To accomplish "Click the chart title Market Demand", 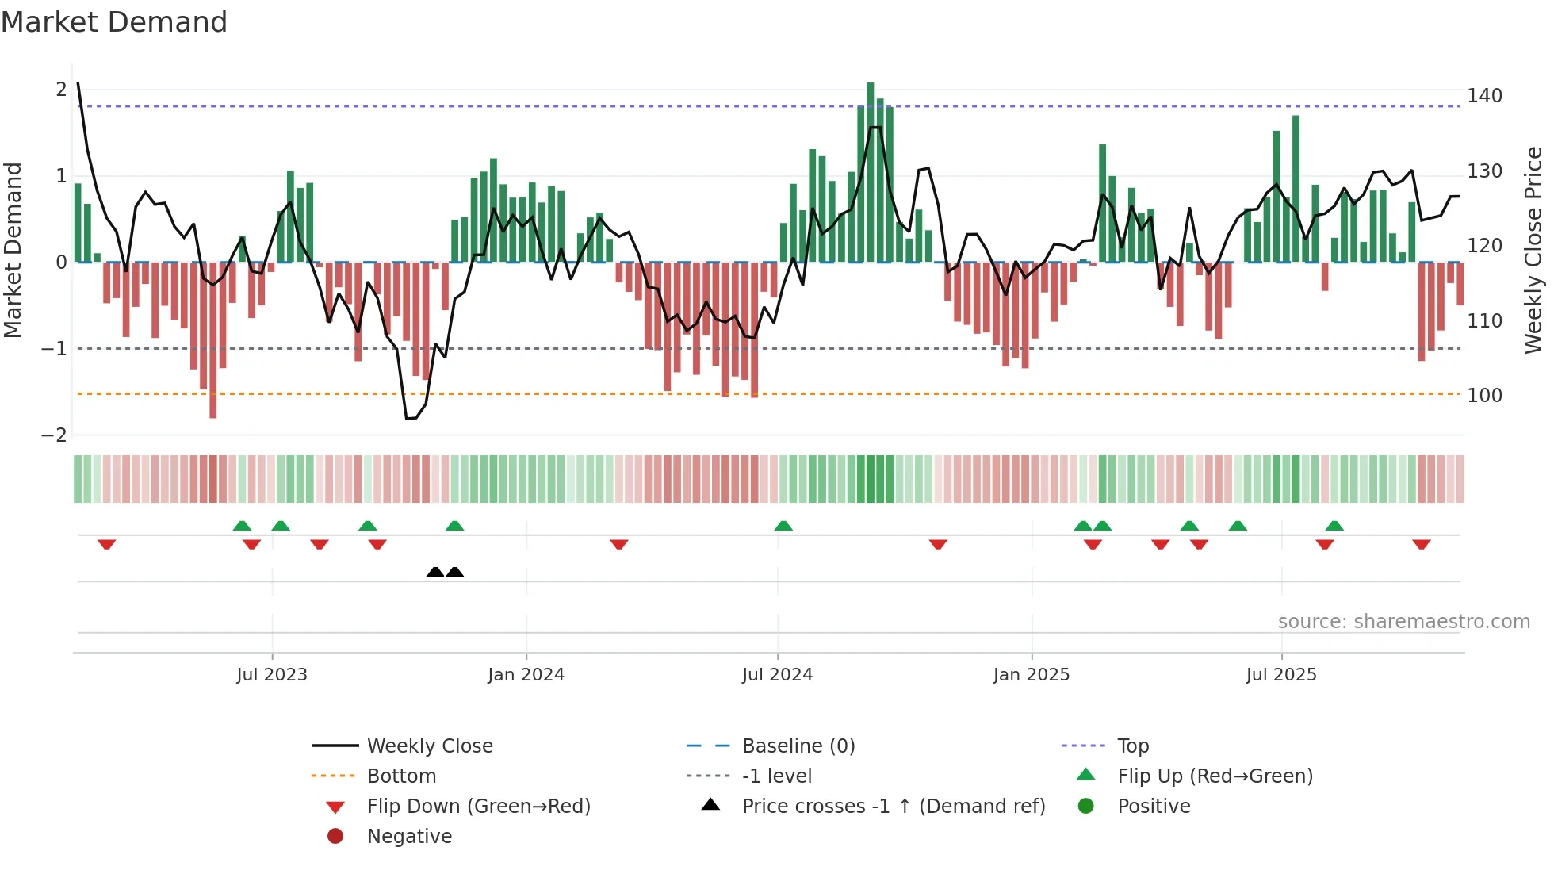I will [114, 22].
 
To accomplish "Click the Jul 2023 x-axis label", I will [271, 675].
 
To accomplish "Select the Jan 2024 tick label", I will [526, 675].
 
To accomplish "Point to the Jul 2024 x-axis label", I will [777, 675].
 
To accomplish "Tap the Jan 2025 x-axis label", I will [1031, 675].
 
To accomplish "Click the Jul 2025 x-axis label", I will [1280, 675].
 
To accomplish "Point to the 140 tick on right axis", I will [1484, 96].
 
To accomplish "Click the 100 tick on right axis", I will [1484, 396].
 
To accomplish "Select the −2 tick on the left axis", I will [54, 435].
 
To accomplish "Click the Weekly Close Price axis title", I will [1533, 250].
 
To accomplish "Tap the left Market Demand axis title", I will [13, 250].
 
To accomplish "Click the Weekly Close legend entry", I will [429, 746].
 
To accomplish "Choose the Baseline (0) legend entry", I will [798, 746].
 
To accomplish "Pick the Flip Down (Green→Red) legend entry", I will [478, 807].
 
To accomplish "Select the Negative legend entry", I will [409, 837].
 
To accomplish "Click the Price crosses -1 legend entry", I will [893, 807].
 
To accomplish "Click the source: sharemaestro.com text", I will [1403, 622].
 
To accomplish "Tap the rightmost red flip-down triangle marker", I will [1421, 545].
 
